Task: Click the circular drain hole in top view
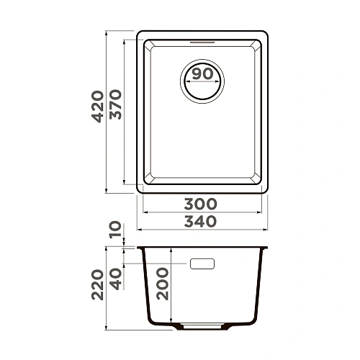point(203,79)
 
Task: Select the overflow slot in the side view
point(202,264)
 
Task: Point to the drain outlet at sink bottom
point(202,327)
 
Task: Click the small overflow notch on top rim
point(203,41)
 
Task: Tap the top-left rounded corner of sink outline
point(141,35)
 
